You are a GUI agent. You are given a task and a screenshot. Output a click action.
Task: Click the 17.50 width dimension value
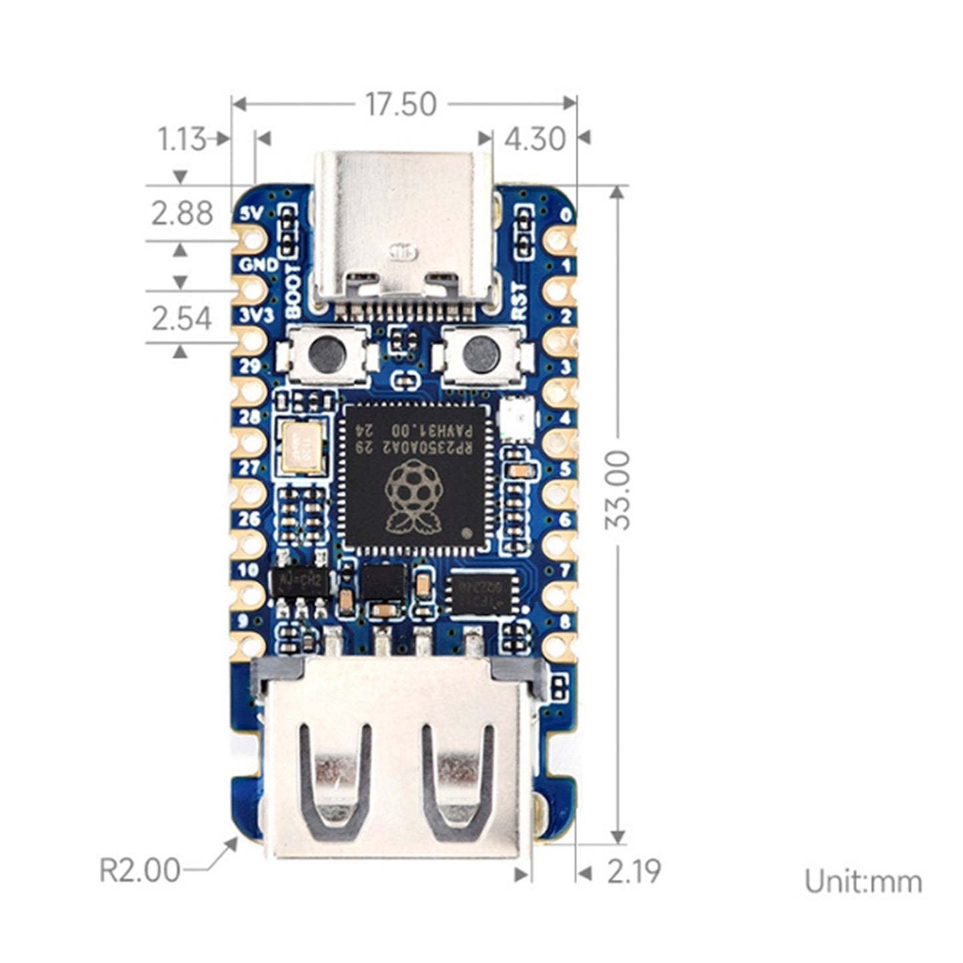click(x=401, y=105)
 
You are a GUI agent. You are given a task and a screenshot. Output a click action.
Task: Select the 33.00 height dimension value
click(x=618, y=489)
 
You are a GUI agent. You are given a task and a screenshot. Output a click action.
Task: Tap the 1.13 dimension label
click(x=181, y=139)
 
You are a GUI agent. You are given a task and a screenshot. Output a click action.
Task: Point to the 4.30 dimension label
click(x=534, y=139)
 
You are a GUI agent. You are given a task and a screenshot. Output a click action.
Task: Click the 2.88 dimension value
click(x=181, y=214)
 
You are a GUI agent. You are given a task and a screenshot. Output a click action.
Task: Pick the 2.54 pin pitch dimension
click(x=181, y=318)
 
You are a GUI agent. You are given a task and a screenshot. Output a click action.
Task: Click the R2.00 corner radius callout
click(x=140, y=870)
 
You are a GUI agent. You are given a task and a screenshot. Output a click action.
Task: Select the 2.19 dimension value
click(x=633, y=872)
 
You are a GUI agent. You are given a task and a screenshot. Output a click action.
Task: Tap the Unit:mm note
click(x=863, y=882)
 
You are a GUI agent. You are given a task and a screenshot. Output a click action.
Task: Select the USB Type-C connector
click(x=404, y=227)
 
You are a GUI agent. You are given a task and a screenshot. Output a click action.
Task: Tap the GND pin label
click(x=259, y=265)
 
